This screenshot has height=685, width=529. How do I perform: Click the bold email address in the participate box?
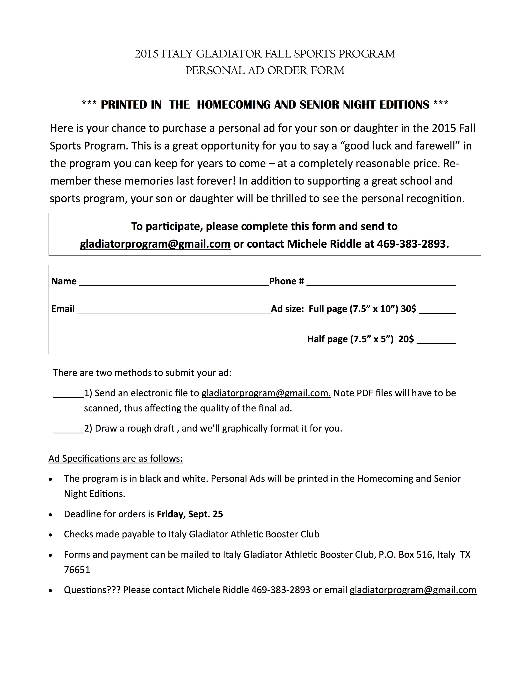tap(155, 244)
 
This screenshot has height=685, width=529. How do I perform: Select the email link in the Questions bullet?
tap(413, 590)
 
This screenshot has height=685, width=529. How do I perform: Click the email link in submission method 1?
tap(266, 393)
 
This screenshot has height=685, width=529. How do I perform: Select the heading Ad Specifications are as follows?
tap(116, 459)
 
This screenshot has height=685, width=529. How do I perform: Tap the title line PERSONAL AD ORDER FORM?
tap(265, 71)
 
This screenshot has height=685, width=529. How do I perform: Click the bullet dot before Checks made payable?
tap(50, 535)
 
